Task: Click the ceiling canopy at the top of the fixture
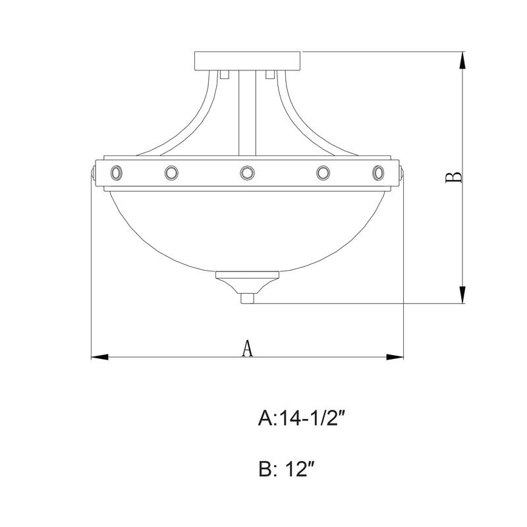coord(247,61)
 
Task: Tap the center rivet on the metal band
coord(247,173)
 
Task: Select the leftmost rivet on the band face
coord(117,173)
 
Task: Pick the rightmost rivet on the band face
coord(377,173)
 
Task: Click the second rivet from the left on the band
coord(171,173)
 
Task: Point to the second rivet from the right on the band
coord(323,173)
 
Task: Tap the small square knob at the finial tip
coord(248,298)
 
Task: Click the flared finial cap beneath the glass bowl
coord(247,282)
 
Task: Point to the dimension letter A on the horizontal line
coord(247,348)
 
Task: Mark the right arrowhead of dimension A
coord(395,357)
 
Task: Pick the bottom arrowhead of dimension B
coord(463,295)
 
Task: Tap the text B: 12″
coord(290,470)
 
